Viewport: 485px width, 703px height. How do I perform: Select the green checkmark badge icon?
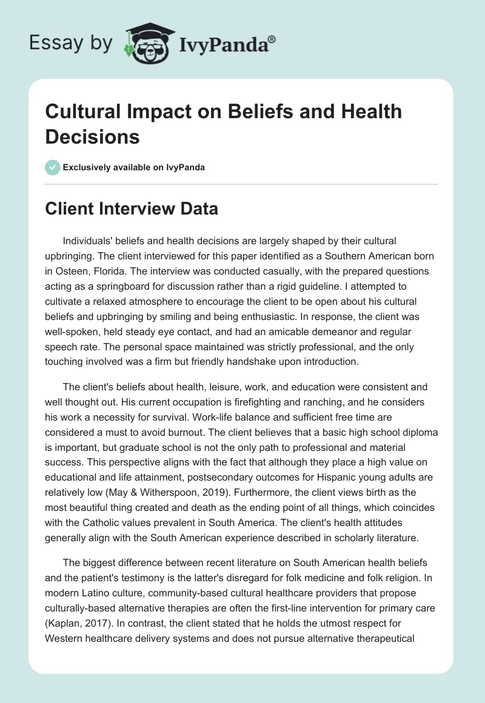pyautogui.click(x=53, y=167)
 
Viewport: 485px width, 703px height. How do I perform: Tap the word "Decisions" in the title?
pyautogui.click(x=93, y=136)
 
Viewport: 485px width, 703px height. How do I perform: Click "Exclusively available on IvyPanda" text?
pyautogui.click(x=133, y=167)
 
